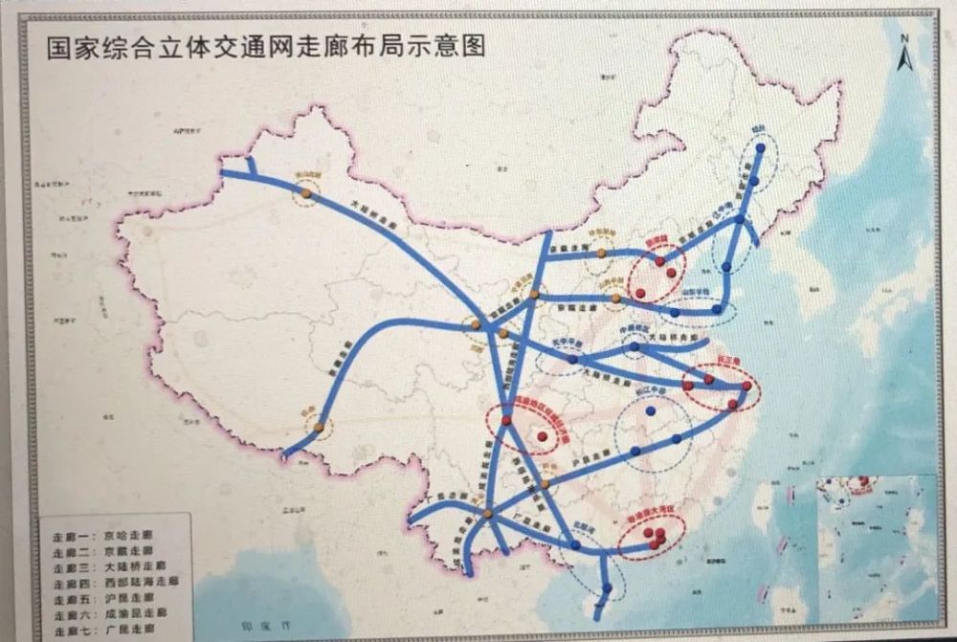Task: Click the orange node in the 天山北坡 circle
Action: click(x=305, y=192)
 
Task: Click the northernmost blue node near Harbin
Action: click(x=760, y=148)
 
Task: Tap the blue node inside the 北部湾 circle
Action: click(x=575, y=544)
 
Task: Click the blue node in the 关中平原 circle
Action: click(x=572, y=360)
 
